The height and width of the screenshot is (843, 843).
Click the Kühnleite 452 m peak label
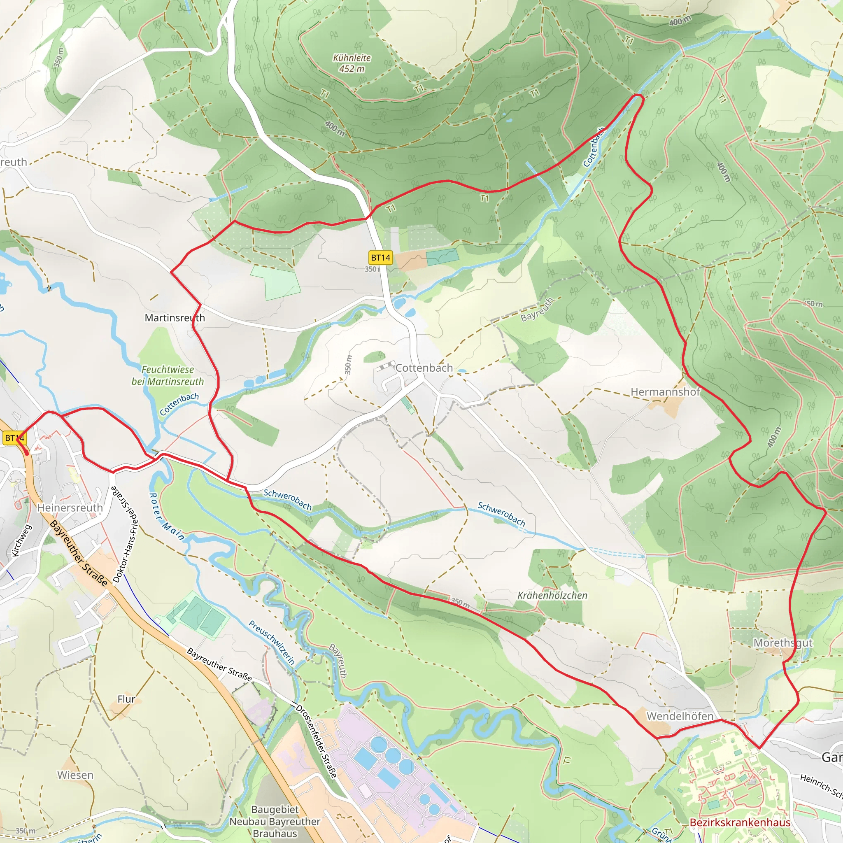point(352,63)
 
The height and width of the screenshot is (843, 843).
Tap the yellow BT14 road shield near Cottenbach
point(380,257)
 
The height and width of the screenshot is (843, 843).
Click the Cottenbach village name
point(424,368)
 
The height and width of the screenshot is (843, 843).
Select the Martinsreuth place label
point(175,318)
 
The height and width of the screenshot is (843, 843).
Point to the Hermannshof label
point(665,392)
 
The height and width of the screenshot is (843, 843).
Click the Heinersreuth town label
point(70,508)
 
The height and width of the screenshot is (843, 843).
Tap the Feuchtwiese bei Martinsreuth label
point(168,375)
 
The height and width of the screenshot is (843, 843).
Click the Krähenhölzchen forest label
point(552,596)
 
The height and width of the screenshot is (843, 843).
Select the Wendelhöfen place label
point(680,716)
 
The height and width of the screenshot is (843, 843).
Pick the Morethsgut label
point(783,643)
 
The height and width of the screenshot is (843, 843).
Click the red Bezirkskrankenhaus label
point(740,822)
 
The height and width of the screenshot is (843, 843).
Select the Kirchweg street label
point(21,540)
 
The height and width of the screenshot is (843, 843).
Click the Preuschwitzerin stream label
point(272,642)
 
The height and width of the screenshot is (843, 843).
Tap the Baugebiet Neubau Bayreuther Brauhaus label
point(275,821)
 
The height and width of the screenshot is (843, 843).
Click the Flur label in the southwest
point(126,699)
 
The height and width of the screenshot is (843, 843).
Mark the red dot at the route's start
point(27,453)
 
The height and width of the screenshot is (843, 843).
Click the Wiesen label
point(75,775)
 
